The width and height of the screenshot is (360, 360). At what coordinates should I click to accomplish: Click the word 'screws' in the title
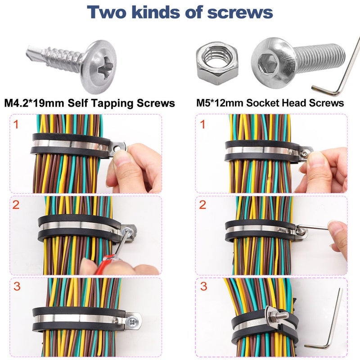click(x=240, y=12)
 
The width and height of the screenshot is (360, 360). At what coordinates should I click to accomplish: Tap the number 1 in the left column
click(x=17, y=125)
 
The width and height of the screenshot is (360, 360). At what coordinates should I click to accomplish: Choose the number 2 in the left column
click(x=17, y=205)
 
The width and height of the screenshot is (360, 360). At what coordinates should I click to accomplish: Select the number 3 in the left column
click(x=17, y=287)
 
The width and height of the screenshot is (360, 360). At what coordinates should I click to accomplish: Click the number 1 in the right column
click(x=203, y=125)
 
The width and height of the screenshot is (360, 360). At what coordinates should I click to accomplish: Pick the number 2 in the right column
click(x=203, y=205)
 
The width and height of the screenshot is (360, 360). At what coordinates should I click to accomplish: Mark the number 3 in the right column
click(x=203, y=287)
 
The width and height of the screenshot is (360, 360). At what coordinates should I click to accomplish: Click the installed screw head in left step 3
click(x=133, y=321)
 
